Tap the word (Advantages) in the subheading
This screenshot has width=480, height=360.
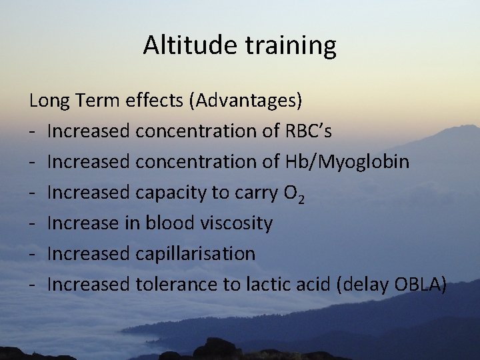pos(246,101)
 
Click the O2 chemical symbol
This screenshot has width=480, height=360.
pos(295,193)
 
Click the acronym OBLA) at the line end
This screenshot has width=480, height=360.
pos(421,285)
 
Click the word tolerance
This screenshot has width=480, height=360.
pos(177,285)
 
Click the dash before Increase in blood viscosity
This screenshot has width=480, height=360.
pos(32,224)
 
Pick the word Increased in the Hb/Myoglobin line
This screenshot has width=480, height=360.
pos(89,162)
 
